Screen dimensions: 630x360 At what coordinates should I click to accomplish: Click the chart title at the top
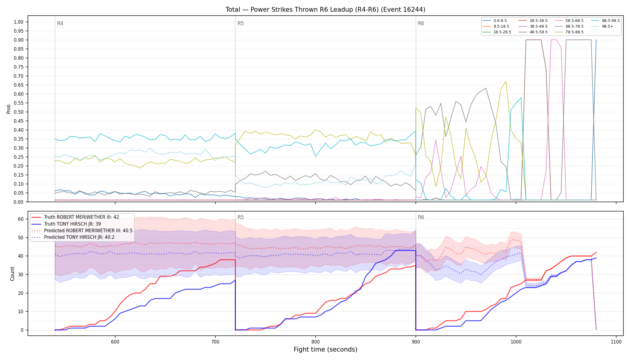pyautogui.click(x=325, y=10)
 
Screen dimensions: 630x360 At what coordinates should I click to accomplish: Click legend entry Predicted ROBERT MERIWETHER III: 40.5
pyautogui.click(x=82, y=231)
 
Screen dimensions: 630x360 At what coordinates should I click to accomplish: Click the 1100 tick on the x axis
pyautogui.click(x=616, y=342)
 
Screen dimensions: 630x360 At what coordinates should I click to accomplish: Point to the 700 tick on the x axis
pyautogui.click(x=215, y=342)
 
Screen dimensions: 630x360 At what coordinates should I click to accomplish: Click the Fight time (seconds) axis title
pyautogui.click(x=325, y=349)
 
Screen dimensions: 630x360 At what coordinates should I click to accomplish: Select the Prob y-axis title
pyautogui.click(x=9, y=109)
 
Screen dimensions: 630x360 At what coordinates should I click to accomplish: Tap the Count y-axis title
pyautogui.click(x=12, y=274)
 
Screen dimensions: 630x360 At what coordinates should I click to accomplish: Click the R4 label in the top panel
pyautogui.click(x=60, y=23)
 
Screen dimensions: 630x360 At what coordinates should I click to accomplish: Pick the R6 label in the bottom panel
pyautogui.click(x=421, y=217)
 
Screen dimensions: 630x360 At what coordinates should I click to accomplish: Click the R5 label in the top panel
pyautogui.click(x=241, y=23)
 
